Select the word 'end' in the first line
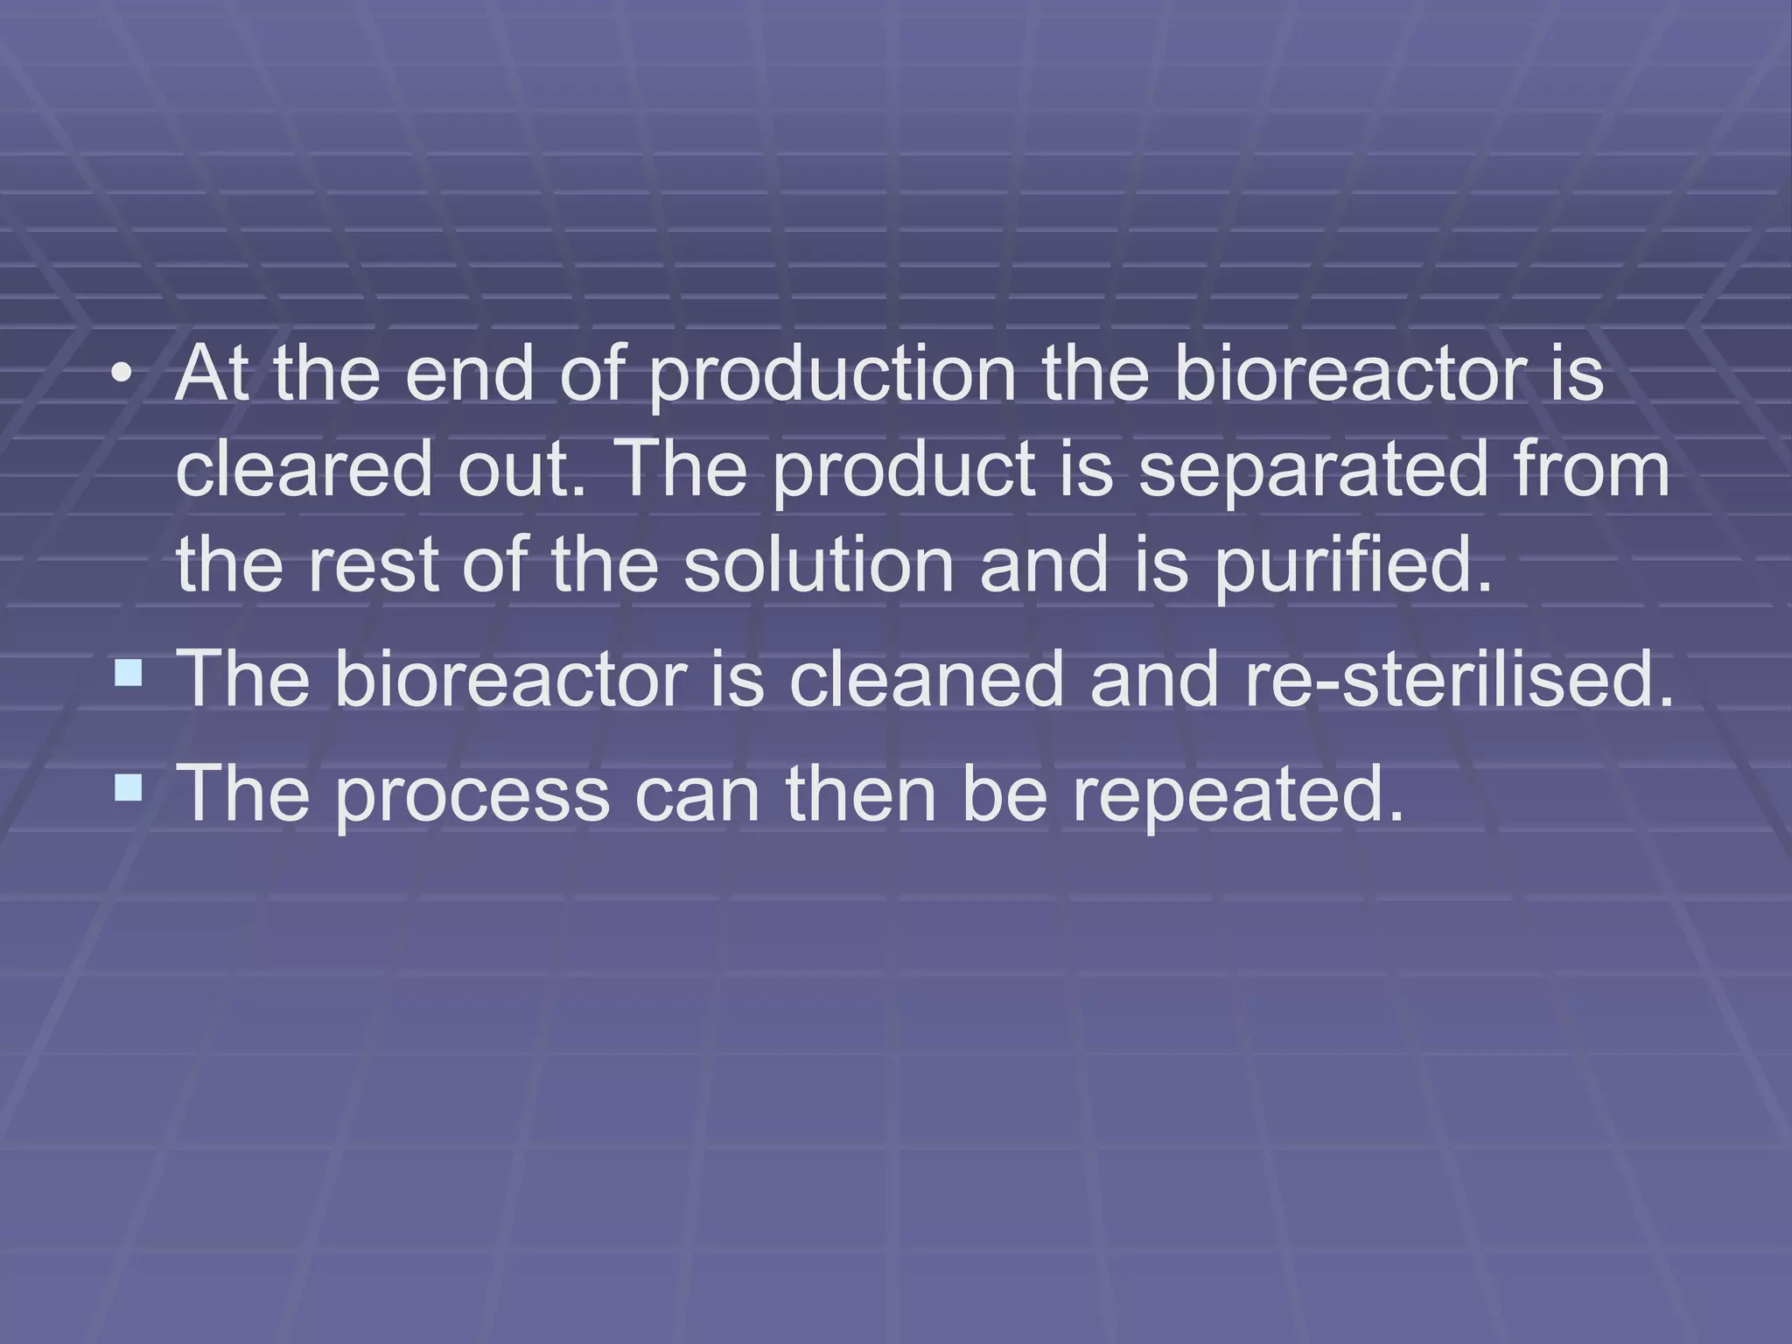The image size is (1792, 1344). coord(469,374)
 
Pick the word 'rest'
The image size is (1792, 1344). coord(373,564)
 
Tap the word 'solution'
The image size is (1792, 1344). coord(818,564)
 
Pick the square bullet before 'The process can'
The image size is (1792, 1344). coord(128,787)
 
